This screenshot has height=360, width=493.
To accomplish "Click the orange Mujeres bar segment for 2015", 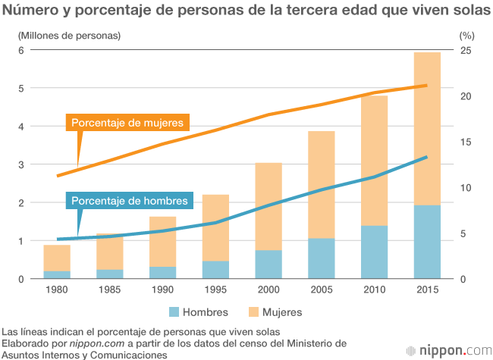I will (x=427, y=129).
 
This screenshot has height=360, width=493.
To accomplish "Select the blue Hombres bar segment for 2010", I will (x=374, y=252).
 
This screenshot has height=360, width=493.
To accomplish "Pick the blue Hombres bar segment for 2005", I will (x=322, y=258).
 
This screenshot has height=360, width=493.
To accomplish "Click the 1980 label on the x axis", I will (x=56, y=290).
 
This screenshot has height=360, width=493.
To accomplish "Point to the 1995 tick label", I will (x=215, y=290).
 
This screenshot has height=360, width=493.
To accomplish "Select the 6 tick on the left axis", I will (x=22, y=50).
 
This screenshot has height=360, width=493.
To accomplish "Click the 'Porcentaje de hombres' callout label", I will (x=130, y=201).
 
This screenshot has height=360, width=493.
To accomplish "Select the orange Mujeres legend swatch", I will (x=254, y=311).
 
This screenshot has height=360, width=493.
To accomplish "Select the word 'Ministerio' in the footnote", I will (x=322, y=343).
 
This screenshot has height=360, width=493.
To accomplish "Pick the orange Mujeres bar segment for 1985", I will (x=109, y=252).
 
